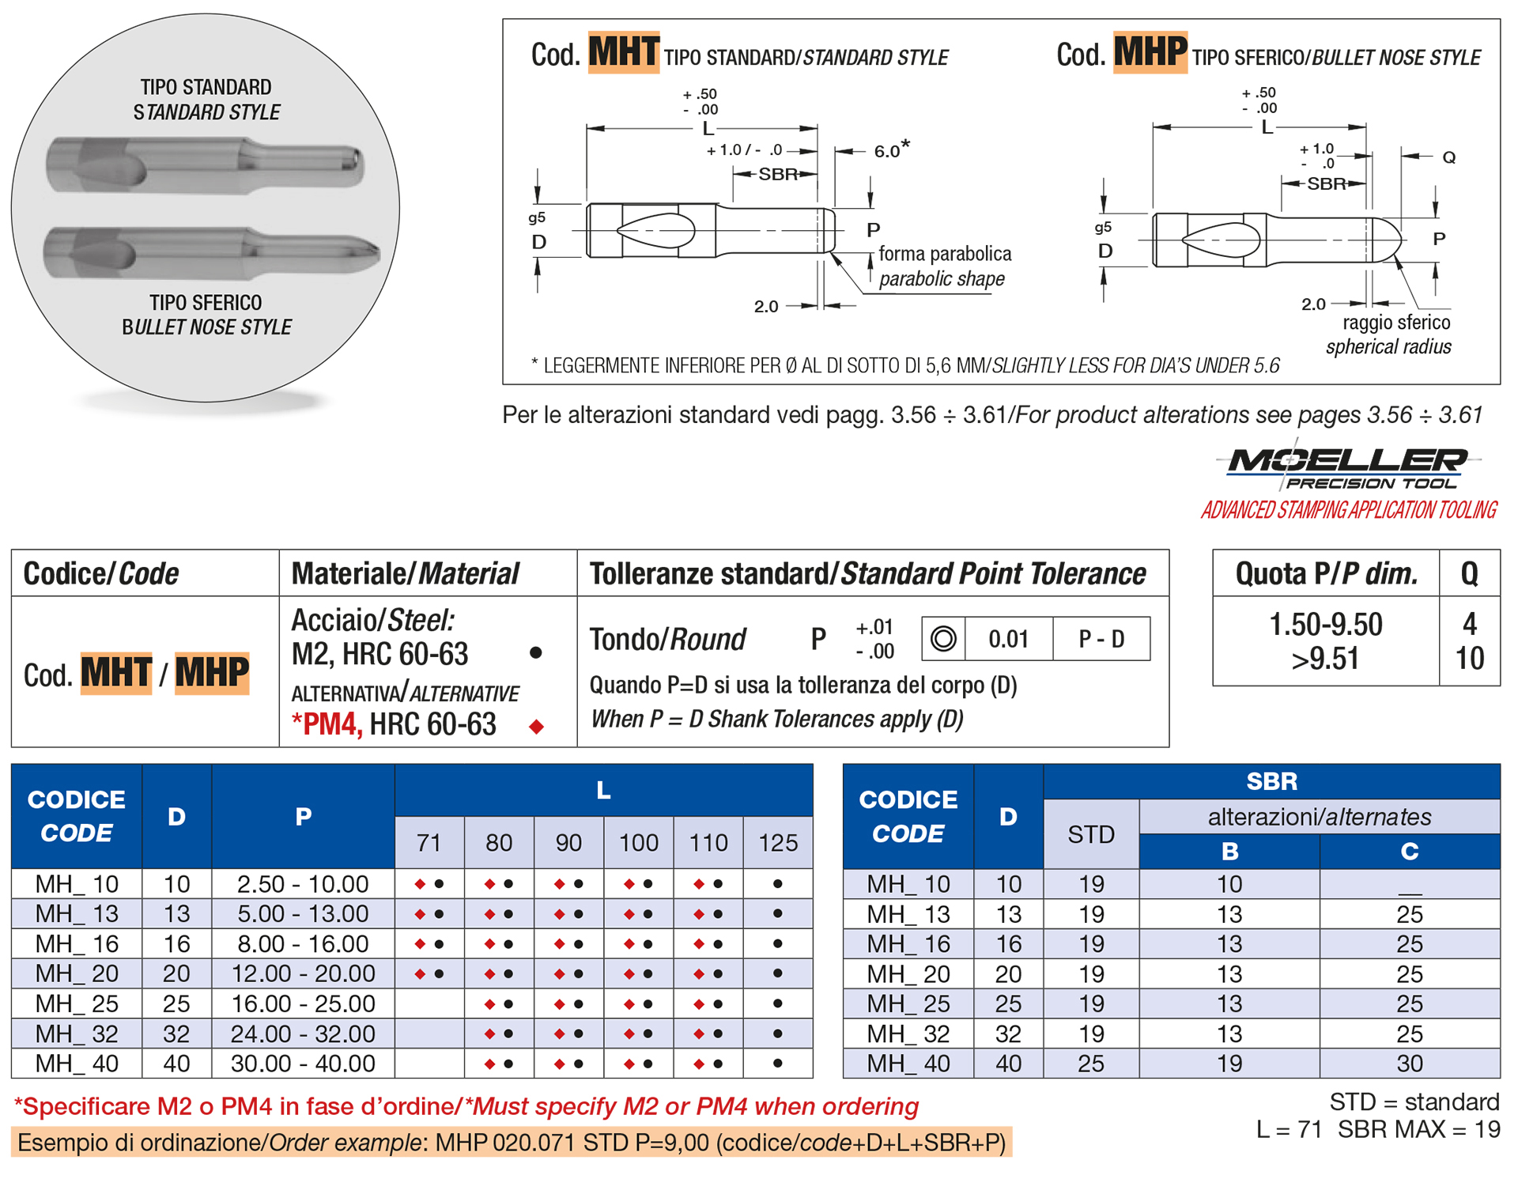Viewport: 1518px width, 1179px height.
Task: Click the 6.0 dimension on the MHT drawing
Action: tap(887, 151)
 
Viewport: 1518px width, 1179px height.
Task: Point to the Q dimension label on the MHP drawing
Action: tap(1448, 157)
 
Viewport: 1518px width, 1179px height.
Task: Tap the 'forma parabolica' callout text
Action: tap(945, 254)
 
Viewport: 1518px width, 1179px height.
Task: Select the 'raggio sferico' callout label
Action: tap(1396, 323)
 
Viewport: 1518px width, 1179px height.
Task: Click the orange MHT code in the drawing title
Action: tap(623, 52)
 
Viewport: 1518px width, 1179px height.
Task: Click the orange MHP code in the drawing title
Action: tap(1150, 52)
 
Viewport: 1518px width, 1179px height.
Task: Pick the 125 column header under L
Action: tap(778, 843)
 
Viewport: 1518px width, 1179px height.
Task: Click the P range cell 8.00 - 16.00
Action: tap(303, 943)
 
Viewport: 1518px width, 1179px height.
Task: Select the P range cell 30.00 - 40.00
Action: tap(303, 1064)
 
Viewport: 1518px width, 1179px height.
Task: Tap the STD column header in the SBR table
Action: tap(1091, 834)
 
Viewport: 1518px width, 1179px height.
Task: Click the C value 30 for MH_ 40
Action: tap(1410, 1064)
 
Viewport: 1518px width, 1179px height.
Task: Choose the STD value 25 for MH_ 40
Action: tap(1091, 1064)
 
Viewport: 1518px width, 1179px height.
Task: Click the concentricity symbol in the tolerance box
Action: tap(943, 639)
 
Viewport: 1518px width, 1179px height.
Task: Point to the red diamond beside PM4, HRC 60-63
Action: tap(537, 727)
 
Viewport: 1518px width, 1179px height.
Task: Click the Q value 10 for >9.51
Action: tap(1470, 659)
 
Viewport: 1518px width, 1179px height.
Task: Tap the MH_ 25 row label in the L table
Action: tap(77, 1003)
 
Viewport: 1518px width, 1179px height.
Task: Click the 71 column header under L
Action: tap(429, 843)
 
